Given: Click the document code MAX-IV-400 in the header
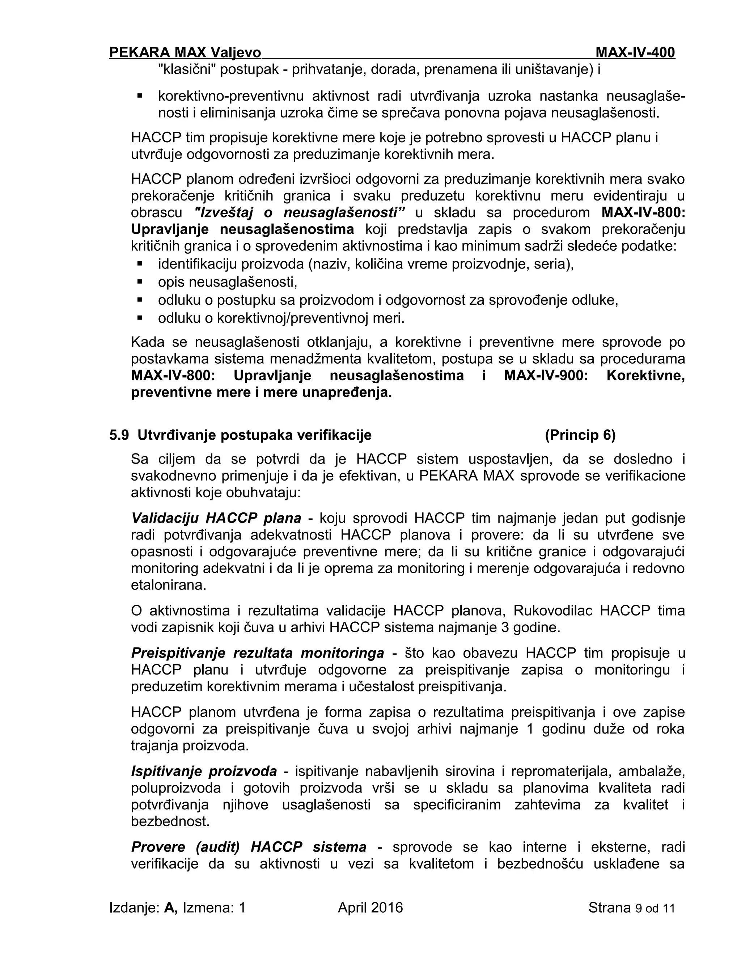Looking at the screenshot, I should coord(635,53).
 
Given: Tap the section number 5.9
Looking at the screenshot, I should coord(119,435).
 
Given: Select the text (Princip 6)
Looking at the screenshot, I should coord(580,435).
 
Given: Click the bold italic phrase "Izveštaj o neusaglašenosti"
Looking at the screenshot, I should coord(299,212).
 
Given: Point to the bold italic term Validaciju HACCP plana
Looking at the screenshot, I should coord(216,518).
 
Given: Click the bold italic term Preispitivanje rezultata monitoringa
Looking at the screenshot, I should coord(257,653).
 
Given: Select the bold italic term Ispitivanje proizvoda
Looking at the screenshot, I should coord(204,771).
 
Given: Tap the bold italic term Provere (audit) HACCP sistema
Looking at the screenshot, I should coord(249,846).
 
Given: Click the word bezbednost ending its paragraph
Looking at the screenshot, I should coord(170,821).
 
